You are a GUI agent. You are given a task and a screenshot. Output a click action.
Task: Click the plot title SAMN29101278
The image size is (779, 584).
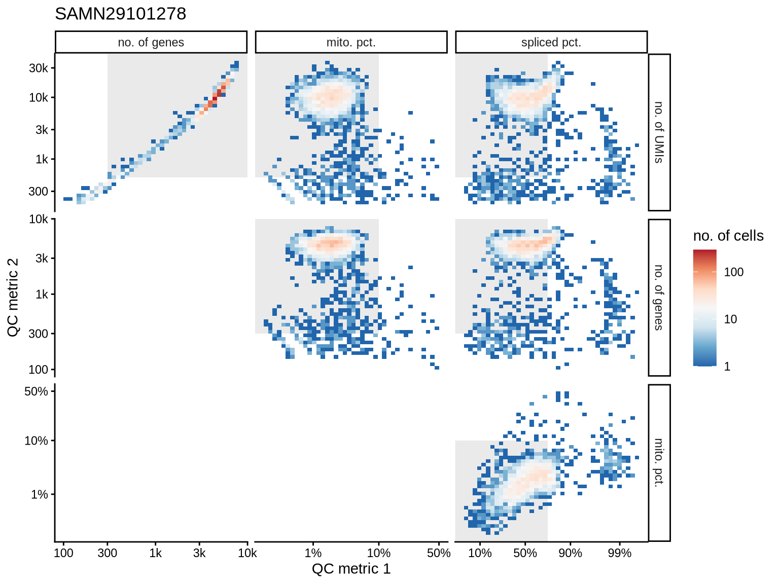[121, 14]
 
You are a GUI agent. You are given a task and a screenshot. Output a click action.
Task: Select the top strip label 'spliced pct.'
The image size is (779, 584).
[551, 43]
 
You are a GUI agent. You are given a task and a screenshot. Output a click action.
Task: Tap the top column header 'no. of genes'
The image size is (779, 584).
[151, 43]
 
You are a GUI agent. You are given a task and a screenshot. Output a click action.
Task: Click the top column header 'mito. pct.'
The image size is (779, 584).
[351, 43]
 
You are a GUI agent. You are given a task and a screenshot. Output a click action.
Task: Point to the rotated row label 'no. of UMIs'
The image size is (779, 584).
[659, 132]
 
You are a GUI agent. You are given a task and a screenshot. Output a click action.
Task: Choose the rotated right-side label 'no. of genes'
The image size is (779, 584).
[659, 298]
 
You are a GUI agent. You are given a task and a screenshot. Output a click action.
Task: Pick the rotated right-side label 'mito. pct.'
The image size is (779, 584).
[659, 463]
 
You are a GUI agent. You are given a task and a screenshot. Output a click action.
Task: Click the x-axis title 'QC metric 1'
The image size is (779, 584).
[351, 569]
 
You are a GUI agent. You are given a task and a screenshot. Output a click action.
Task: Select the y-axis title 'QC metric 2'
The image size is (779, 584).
[13, 298]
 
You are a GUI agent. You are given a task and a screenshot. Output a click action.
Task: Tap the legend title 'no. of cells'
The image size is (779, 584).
[728, 236]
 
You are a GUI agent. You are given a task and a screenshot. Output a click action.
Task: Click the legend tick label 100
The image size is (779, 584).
[733, 272]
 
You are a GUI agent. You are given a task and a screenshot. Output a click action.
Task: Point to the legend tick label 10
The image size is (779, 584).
[730, 319]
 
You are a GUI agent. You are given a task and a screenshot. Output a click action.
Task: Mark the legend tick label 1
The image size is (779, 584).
[727, 367]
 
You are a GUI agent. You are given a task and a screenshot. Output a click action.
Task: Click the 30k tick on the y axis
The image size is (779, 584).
[38, 68]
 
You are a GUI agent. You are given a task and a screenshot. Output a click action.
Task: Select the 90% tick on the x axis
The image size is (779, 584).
[570, 553]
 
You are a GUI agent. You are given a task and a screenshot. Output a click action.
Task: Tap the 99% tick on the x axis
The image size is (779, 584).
[620, 553]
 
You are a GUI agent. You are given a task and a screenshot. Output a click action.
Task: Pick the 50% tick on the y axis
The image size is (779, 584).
[36, 391]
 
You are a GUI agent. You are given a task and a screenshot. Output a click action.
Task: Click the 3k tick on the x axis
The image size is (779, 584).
[199, 553]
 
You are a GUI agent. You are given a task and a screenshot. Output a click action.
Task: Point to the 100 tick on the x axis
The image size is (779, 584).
[63, 553]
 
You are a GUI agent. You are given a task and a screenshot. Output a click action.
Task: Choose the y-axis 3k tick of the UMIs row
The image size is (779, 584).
[42, 130]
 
